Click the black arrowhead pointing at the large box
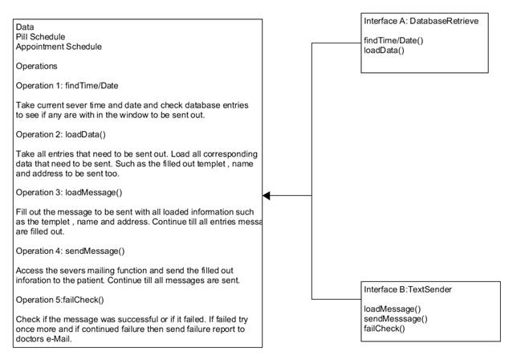pyautogui.click(x=267, y=195)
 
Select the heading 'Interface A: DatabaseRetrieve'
pyautogui.click(x=421, y=21)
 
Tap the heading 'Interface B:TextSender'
pyautogui.click(x=408, y=289)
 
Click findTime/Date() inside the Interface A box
pyautogui.click(x=393, y=41)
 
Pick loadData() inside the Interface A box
pyautogui.click(x=384, y=51)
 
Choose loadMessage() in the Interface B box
pyautogui.click(x=393, y=309)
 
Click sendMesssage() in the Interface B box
pyautogui.click(x=396, y=319)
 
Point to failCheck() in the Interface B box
pyautogui.click(x=385, y=329)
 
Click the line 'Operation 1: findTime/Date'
pyautogui.click(x=67, y=86)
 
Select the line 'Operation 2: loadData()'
pyautogui.click(x=61, y=135)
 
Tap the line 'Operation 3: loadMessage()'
pyautogui.click(x=69, y=193)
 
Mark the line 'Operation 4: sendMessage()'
pyautogui.click(x=71, y=252)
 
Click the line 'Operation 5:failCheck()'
pyautogui.click(x=60, y=300)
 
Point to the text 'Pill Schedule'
pyautogui.click(x=40, y=37)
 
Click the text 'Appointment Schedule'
pyautogui.click(x=59, y=47)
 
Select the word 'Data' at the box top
pyautogui.click(x=25, y=27)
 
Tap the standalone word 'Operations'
pyautogui.click(x=37, y=66)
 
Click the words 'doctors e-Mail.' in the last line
pyautogui.click(x=43, y=339)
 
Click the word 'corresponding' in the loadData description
pyautogui.click(x=230, y=154)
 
